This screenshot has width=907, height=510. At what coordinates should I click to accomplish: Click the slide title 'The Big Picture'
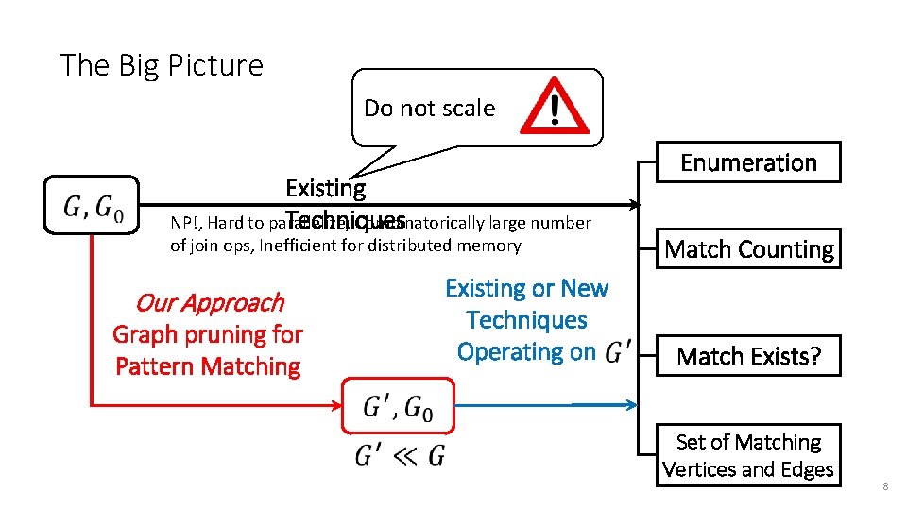pyautogui.click(x=161, y=65)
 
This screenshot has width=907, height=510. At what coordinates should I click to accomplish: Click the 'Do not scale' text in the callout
pyautogui.click(x=429, y=109)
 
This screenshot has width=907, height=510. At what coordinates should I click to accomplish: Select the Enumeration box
pyautogui.click(x=748, y=162)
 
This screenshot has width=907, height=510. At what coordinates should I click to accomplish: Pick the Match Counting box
pyautogui.click(x=748, y=249)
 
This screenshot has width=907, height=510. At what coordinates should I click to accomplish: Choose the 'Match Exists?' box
pyautogui.click(x=748, y=356)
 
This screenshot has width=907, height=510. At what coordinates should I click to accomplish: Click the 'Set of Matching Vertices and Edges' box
pyautogui.click(x=748, y=455)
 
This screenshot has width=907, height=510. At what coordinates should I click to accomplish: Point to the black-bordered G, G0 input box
pyautogui.click(x=92, y=205)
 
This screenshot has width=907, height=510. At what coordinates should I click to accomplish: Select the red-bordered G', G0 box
pyautogui.click(x=398, y=407)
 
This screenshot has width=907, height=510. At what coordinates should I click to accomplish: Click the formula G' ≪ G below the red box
pyautogui.click(x=399, y=457)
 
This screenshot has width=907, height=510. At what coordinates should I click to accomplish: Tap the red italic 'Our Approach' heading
pyautogui.click(x=209, y=302)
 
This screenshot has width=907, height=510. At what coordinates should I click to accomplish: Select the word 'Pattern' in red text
pyautogui.click(x=154, y=365)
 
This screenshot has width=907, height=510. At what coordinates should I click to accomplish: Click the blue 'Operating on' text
pyautogui.click(x=525, y=352)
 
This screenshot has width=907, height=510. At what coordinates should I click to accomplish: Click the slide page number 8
pyautogui.click(x=884, y=486)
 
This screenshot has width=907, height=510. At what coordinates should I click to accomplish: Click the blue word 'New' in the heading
pyautogui.click(x=584, y=288)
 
